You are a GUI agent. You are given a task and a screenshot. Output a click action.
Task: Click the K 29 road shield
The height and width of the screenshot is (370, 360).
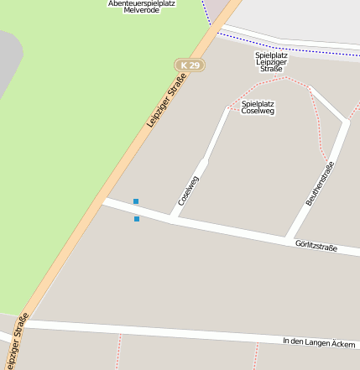[190, 65]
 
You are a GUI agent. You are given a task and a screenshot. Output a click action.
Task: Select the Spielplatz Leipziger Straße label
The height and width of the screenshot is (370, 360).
[271, 61]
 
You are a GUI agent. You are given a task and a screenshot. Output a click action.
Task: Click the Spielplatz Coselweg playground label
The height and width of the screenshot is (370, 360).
[258, 107]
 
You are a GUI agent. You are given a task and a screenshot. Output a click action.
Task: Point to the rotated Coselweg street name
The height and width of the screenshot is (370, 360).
[189, 190]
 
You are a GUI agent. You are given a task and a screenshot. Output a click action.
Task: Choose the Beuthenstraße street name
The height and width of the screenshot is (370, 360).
[320, 184]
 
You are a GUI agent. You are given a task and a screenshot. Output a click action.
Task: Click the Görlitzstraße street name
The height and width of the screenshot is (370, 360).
[316, 247]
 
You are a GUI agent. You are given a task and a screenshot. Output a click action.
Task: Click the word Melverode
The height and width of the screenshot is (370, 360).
[140, 11]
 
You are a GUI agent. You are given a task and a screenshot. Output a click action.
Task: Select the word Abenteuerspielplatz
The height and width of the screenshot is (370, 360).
[141, 3]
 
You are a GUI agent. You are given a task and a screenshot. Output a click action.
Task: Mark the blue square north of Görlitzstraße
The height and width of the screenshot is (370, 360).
[136, 201]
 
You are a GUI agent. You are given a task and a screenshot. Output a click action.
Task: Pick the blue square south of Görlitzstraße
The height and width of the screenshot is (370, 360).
[137, 219]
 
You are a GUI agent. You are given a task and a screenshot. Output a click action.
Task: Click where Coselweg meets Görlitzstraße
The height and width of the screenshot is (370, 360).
[172, 218]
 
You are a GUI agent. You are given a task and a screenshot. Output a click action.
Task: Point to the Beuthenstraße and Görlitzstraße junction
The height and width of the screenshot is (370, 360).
[290, 237]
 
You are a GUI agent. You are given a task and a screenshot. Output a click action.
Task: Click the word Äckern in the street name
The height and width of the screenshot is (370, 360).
[343, 344]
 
